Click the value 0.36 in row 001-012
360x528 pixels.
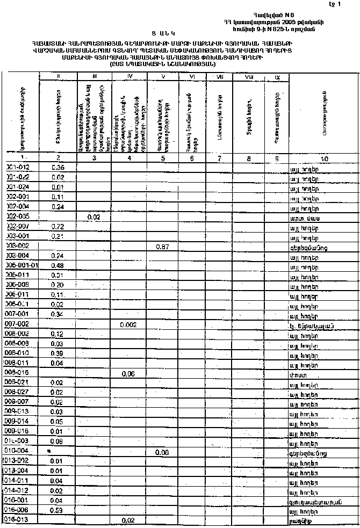(57, 168)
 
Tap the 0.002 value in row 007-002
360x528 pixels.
(128, 324)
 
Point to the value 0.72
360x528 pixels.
(57, 226)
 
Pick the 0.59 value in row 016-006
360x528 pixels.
(56, 510)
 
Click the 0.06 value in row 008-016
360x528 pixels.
(128, 373)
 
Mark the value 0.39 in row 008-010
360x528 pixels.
(57, 353)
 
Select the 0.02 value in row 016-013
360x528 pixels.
(128, 520)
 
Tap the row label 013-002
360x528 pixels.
(20, 461)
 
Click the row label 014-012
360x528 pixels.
(20, 490)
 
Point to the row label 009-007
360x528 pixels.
(20, 402)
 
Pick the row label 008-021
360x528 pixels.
(20, 382)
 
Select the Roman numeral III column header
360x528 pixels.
(94, 77)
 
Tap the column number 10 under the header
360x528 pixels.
(324, 158)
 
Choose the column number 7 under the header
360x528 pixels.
(219, 158)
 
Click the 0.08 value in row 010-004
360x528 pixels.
(162, 452)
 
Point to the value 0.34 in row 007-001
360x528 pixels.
(57, 314)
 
